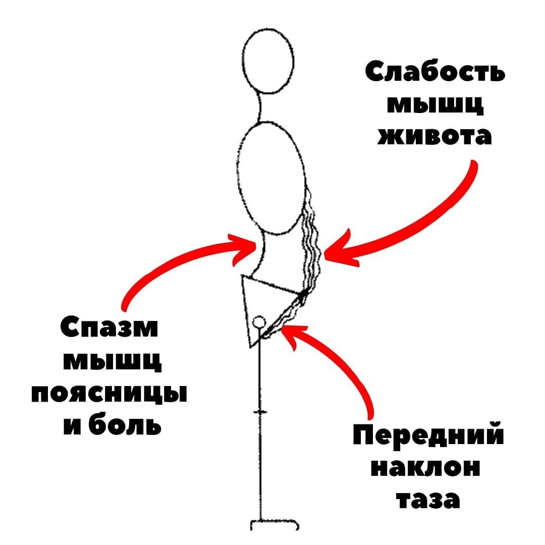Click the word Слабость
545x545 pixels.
pos(434,73)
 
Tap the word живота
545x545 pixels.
pos(434,136)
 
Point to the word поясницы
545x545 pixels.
pos(109,394)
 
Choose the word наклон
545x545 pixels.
pos(425,468)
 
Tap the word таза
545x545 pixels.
pos(428,500)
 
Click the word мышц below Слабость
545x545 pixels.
pos(434,104)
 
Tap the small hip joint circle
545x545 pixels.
pos(259,321)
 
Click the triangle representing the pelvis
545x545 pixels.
pos(262,303)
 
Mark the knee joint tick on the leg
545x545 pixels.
pos(261,413)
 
